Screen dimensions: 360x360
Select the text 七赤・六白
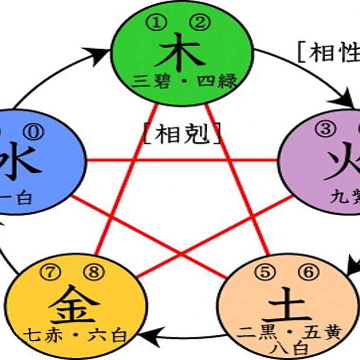(x=75, y=336)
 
